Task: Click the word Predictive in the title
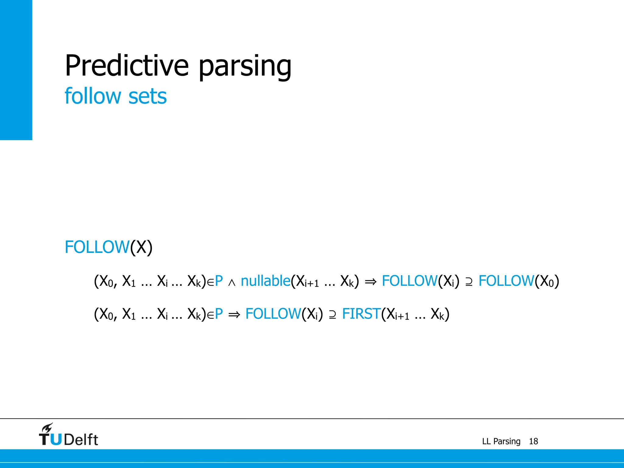pyautogui.click(x=127, y=66)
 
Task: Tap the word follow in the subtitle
pyautogui.click(x=93, y=96)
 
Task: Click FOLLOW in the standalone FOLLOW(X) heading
pyautogui.click(x=97, y=247)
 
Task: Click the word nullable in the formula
pyautogui.click(x=265, y=281)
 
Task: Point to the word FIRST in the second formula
pyautogui.click(x=361, y=314)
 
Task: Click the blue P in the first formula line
pyautogui.click(x=219, y=281)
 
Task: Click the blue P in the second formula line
pyautogui.click(x=219, y=314)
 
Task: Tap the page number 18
pyautogui.click(x=533, y=441)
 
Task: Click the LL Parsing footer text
pyautogui.click(x=501, y=441)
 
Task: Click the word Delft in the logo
pyautogui.click(x=81, y=440)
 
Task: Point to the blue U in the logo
pyautogui.click(x=56, y=439)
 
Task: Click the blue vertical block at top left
pyautogui.click(x=16, y=70)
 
